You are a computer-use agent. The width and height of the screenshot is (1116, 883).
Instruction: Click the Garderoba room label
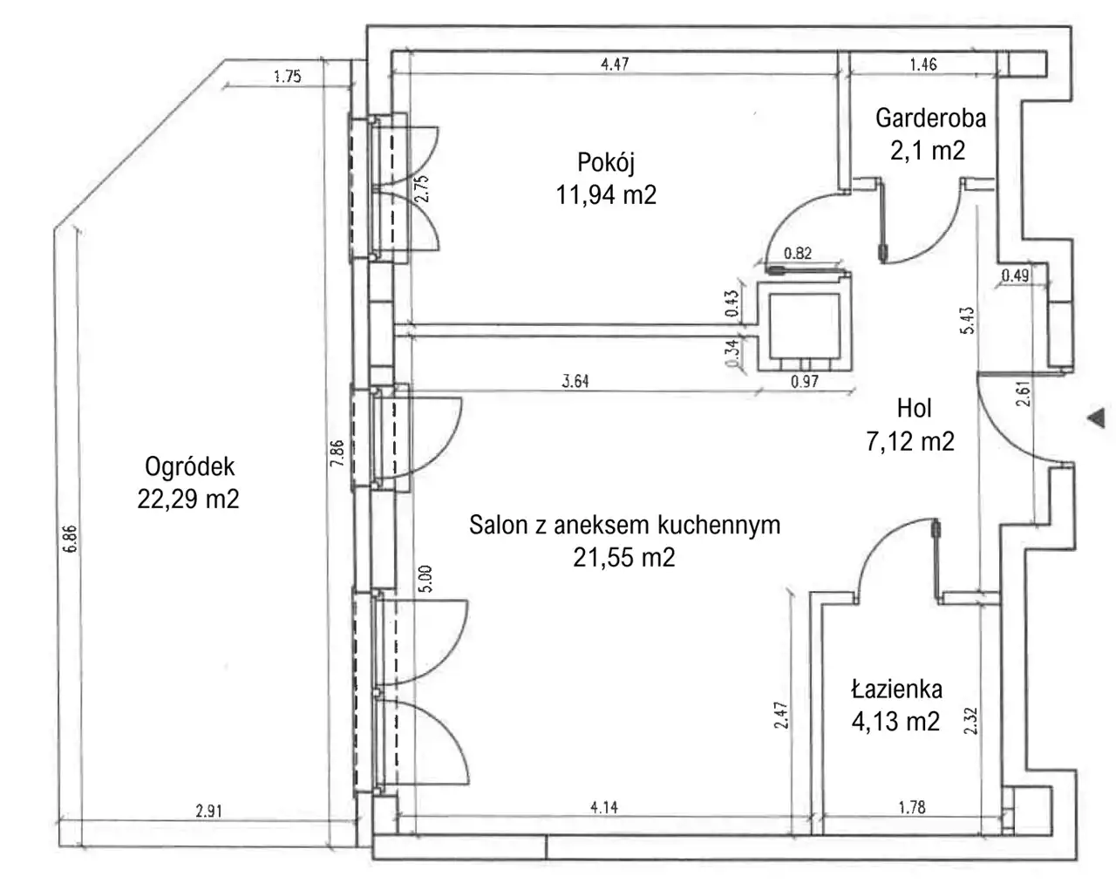930,119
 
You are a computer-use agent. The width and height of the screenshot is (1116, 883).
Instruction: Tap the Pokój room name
606,163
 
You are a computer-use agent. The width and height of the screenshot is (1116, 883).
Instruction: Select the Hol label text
914,409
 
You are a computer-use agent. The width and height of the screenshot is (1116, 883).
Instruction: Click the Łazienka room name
896,689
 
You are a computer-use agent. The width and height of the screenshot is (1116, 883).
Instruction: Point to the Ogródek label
189,467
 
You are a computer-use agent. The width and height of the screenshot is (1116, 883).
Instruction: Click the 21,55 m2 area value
624,558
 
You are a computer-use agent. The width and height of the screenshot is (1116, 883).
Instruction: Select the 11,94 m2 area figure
606,195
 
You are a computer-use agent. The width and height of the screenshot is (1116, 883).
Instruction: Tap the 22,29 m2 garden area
188,499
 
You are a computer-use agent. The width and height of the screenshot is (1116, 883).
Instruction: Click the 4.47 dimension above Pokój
615,65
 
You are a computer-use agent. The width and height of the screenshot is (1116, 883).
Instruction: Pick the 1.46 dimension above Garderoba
923,65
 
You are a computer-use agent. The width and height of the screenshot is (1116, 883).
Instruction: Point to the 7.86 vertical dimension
337,452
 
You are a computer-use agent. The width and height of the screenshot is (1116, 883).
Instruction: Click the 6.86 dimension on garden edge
70,540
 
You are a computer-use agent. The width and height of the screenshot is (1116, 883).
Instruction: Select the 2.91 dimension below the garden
208,811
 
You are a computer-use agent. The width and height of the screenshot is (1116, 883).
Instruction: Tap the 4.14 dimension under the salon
604,807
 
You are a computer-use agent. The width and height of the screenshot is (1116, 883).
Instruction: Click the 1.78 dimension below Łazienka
912,807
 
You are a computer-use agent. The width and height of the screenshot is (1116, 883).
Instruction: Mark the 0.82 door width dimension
798,254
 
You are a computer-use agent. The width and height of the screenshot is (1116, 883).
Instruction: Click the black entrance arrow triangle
1097,418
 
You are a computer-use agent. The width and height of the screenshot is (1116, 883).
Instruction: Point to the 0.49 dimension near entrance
1015,275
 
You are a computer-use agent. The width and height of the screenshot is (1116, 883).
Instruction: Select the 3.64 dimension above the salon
575,381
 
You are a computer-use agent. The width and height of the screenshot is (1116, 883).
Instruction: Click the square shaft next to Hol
804,327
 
